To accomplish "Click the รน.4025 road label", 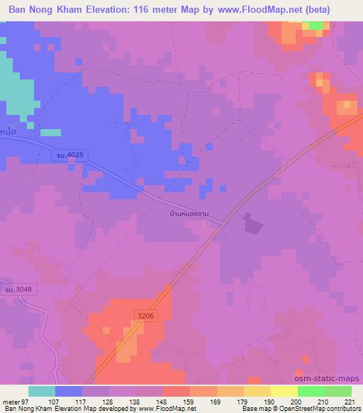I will [x=70, y=155].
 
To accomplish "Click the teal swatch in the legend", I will [x=41, y=391].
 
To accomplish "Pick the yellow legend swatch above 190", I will [x=284, y=391].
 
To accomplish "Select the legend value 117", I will [x=94, y=402].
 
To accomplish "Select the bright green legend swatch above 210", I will [x=311, y=391].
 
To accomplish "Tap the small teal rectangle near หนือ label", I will [x=50, y=132].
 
